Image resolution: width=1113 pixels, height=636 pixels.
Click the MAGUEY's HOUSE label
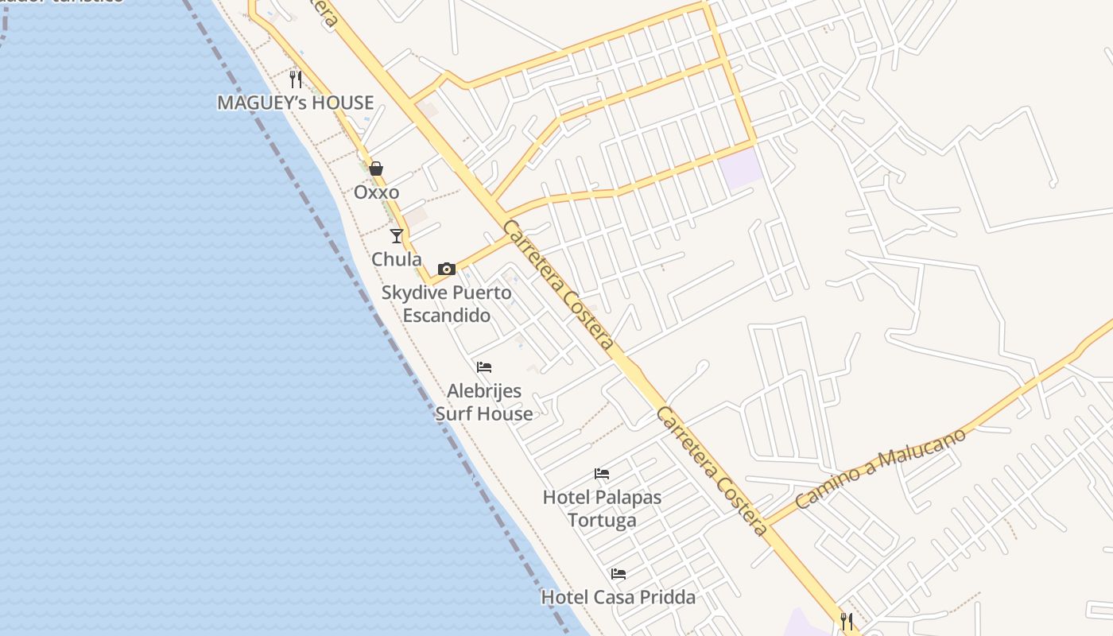coord(296,103)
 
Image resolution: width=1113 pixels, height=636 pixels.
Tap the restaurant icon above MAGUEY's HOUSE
coord(296,79)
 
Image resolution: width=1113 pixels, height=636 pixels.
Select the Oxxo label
coord(376,192)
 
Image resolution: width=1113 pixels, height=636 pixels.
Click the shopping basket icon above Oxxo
coord(376,169)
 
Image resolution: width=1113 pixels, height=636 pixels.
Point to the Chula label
coord(397,259)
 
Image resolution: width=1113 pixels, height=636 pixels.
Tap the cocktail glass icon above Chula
coord(397,235)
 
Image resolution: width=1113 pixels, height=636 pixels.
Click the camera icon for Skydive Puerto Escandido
coord(446,269)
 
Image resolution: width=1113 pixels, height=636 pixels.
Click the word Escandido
coord(446,315)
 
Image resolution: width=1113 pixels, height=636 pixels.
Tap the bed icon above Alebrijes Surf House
coord(484,367)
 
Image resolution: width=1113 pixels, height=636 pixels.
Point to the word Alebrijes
coord(484,390)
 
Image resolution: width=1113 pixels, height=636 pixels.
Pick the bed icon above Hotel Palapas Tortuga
coord(602,474)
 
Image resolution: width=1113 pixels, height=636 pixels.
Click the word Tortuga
coord(602,521)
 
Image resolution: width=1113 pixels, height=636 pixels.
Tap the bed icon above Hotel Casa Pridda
coord(619,574)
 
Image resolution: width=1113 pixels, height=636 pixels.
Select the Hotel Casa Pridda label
coord(619,597)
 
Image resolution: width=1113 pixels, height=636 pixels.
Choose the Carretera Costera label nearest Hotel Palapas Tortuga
coord(712,471)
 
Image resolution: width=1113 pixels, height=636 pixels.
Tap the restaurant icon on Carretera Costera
coord(847,620)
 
